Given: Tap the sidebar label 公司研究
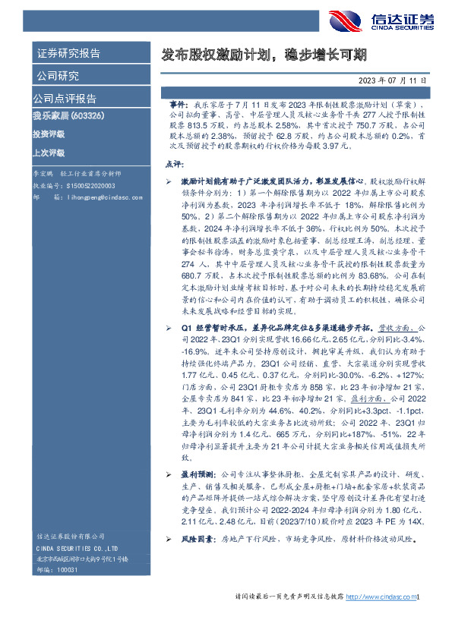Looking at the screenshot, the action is click(x=56, y=76).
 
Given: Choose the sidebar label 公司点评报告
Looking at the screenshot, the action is click(x=64, y=99).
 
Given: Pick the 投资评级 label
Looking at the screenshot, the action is click(x=48, y=134).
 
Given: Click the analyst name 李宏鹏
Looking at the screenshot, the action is click(x=43, y=174).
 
